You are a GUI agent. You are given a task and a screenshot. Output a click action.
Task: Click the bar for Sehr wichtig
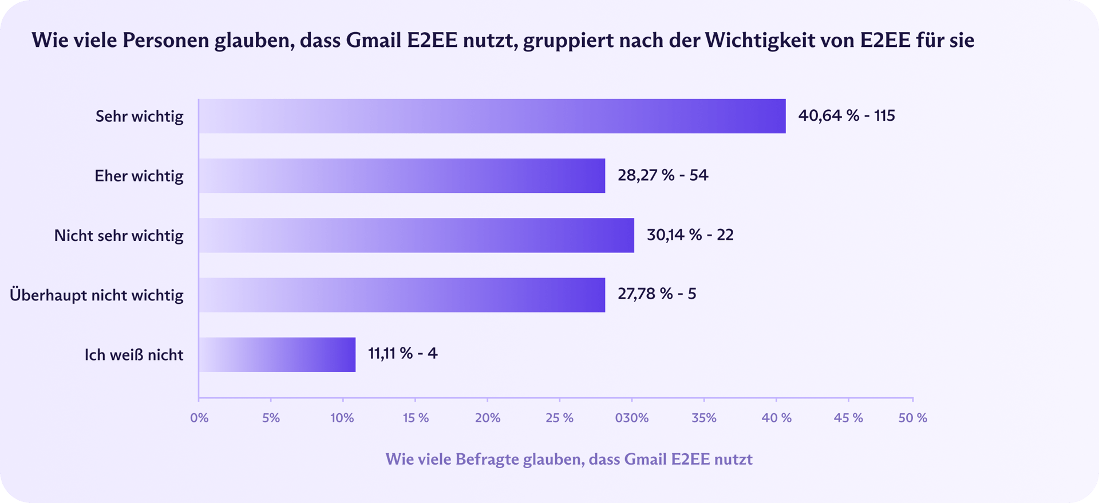tap(492, 116)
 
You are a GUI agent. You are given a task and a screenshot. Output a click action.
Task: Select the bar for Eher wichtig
tap(402, 176)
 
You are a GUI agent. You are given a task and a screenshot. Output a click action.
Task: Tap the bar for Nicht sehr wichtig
tap(417, 235)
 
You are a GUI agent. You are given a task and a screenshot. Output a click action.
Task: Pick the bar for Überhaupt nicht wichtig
tap(402, 295)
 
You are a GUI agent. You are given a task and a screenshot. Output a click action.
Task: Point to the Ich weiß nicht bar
tap(277, 354)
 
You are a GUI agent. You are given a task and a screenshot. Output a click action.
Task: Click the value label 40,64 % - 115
tap(846, 116)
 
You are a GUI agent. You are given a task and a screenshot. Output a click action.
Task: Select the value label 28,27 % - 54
tap(662, 175)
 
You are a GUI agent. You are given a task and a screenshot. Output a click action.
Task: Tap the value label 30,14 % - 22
tap(690, 235)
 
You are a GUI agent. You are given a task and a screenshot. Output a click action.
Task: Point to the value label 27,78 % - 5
tap(657, 294)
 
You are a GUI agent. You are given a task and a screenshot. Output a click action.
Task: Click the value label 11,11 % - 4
tap(402, 354)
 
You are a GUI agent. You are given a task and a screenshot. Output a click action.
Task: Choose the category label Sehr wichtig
tap(139, 117)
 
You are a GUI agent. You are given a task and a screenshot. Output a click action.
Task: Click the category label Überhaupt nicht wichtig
tap(97, 295)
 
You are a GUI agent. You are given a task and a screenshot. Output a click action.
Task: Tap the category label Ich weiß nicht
tap(134, 355)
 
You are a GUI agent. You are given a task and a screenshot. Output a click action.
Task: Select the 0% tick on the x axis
tap(199, 418)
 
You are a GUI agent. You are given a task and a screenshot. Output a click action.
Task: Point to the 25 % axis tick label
tap(559, 418)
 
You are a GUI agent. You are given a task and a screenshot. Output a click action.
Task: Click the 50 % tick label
tap(912, 418)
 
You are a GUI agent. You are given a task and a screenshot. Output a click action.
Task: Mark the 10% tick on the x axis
tap(342, 418)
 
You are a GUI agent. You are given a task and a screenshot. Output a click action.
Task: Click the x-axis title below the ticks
tap(569, 459)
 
